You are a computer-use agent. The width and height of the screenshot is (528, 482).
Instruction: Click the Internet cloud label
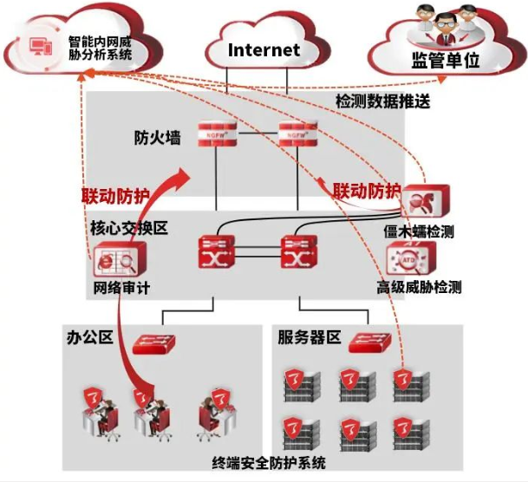click(x=264, y=50)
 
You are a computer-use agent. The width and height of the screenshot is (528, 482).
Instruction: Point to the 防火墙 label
click(x=157, y=137)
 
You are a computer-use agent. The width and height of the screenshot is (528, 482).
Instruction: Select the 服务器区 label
click(x=309, y=336)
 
